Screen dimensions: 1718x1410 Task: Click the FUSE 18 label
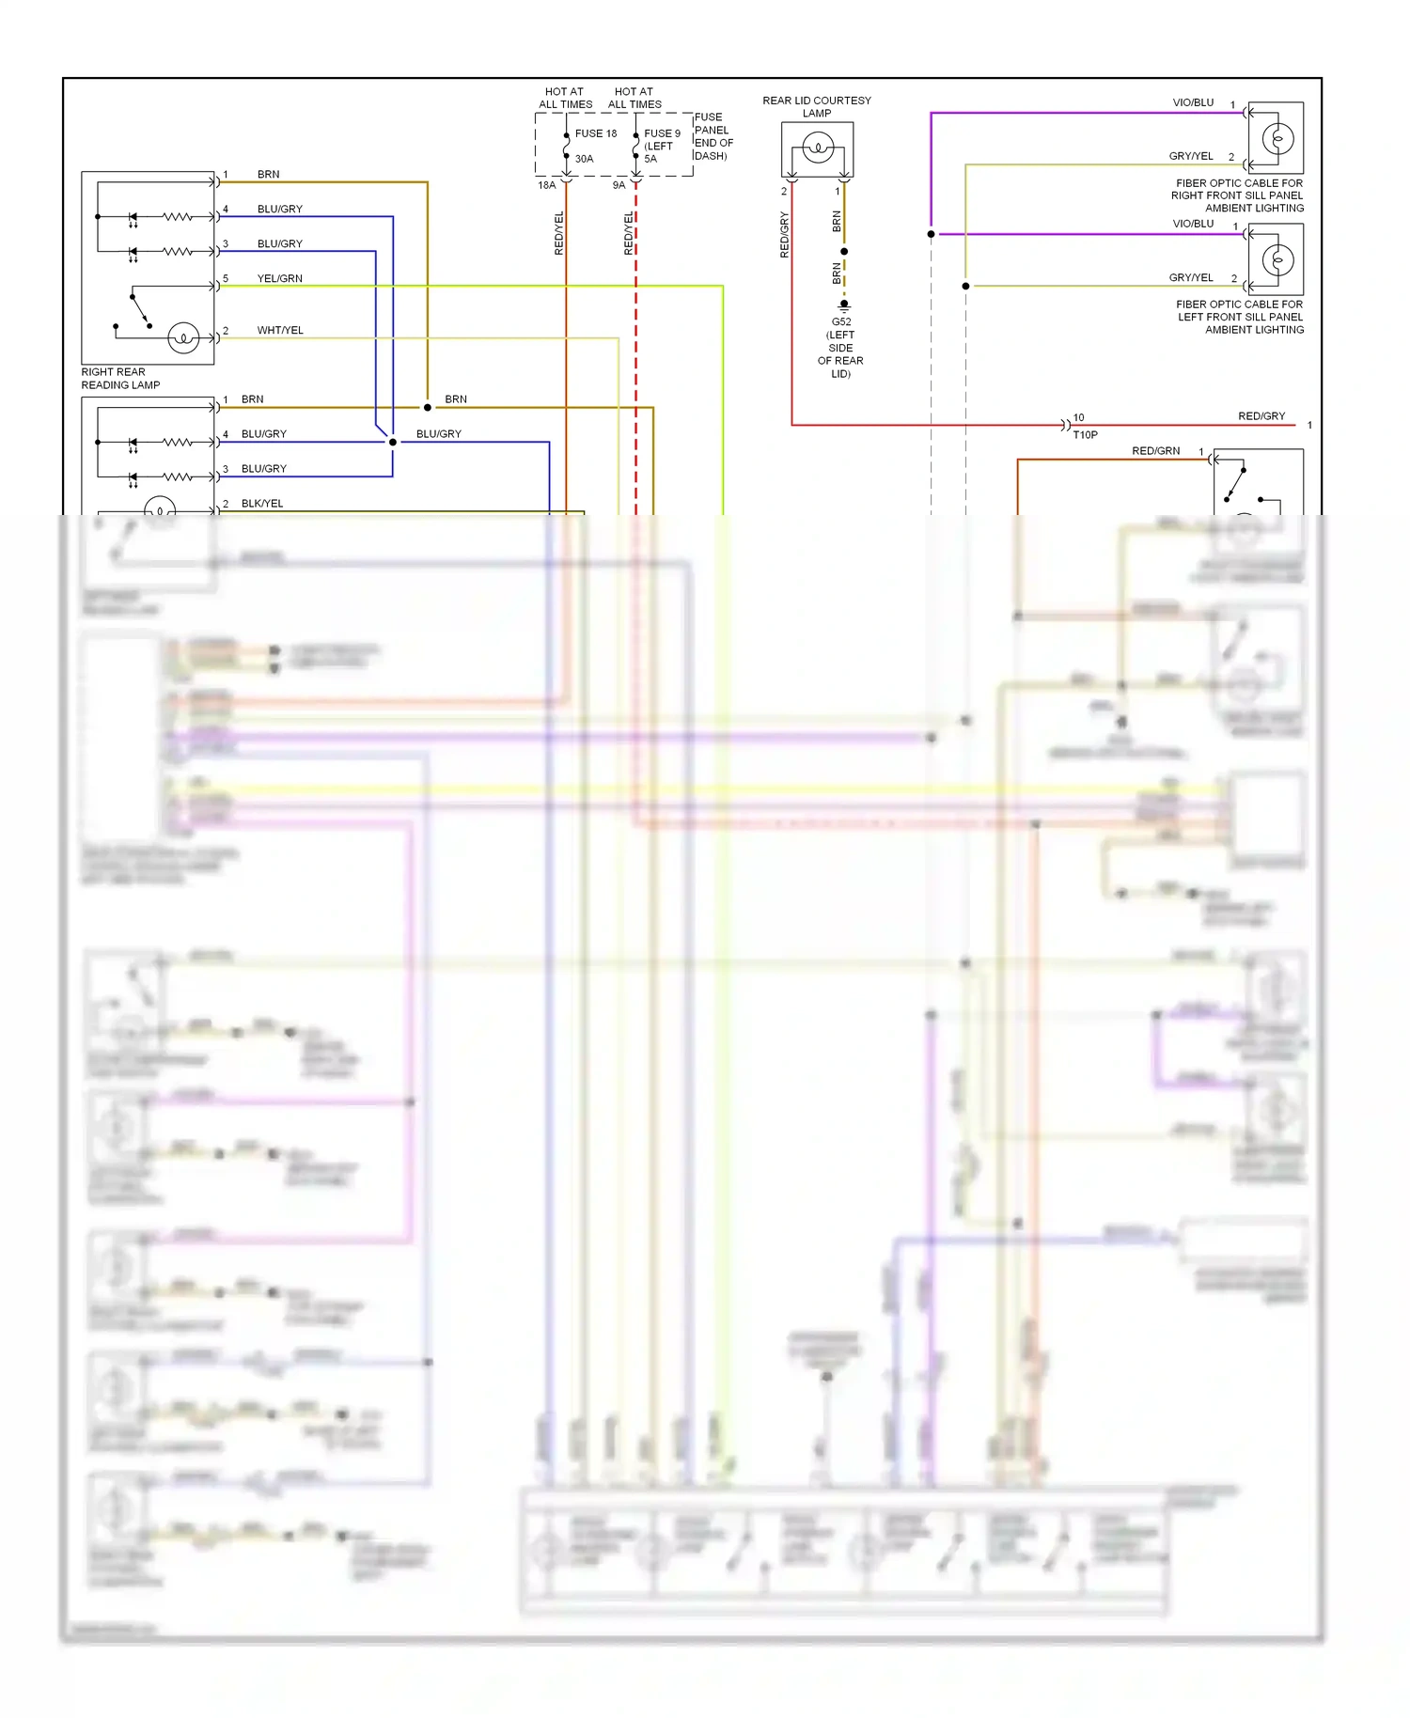(x=595, y=133)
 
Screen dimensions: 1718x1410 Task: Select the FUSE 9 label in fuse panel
(x=662, y=133)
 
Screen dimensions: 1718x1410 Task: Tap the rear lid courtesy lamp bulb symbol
(x=818, y=148)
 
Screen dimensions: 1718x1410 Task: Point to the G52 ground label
(x=840, y=321)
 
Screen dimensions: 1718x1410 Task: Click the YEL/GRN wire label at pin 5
(x=279, y=278)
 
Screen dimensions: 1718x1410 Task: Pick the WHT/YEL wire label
(x=279, y=330)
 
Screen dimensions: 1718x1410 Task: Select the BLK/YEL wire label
(x=261, y=503)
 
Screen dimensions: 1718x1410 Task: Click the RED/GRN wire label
(x=1155, y=451)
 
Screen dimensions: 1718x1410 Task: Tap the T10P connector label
(x=1085, y=434)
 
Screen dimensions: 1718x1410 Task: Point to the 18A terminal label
(x=546, y=185)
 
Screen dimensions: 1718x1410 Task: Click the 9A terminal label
(x=619, y=185)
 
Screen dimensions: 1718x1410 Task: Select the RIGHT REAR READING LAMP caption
(x=120, y=378)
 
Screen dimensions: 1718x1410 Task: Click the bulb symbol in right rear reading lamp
(x=183, y=336)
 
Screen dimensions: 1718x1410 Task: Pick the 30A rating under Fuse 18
(x=584, y=159)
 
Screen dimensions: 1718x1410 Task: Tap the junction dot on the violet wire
(x=931, y=234)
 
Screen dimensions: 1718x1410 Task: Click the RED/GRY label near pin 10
(x=1261, y=415)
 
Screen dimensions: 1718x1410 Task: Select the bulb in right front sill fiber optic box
(x=1277, y=139)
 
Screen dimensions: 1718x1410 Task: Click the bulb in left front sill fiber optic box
(x=1277, y=259)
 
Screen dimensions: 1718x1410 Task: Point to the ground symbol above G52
(x=844, y=305)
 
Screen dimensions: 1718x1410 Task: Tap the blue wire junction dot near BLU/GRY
(x=393, y=442)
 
